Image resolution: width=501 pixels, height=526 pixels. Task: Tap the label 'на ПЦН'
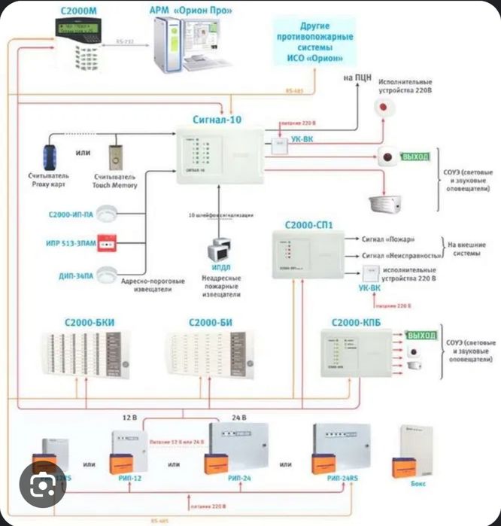pos(358,78)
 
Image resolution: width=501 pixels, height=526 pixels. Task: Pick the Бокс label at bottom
pos(417,484)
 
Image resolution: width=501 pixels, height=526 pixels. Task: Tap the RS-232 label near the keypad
pos(125,44)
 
